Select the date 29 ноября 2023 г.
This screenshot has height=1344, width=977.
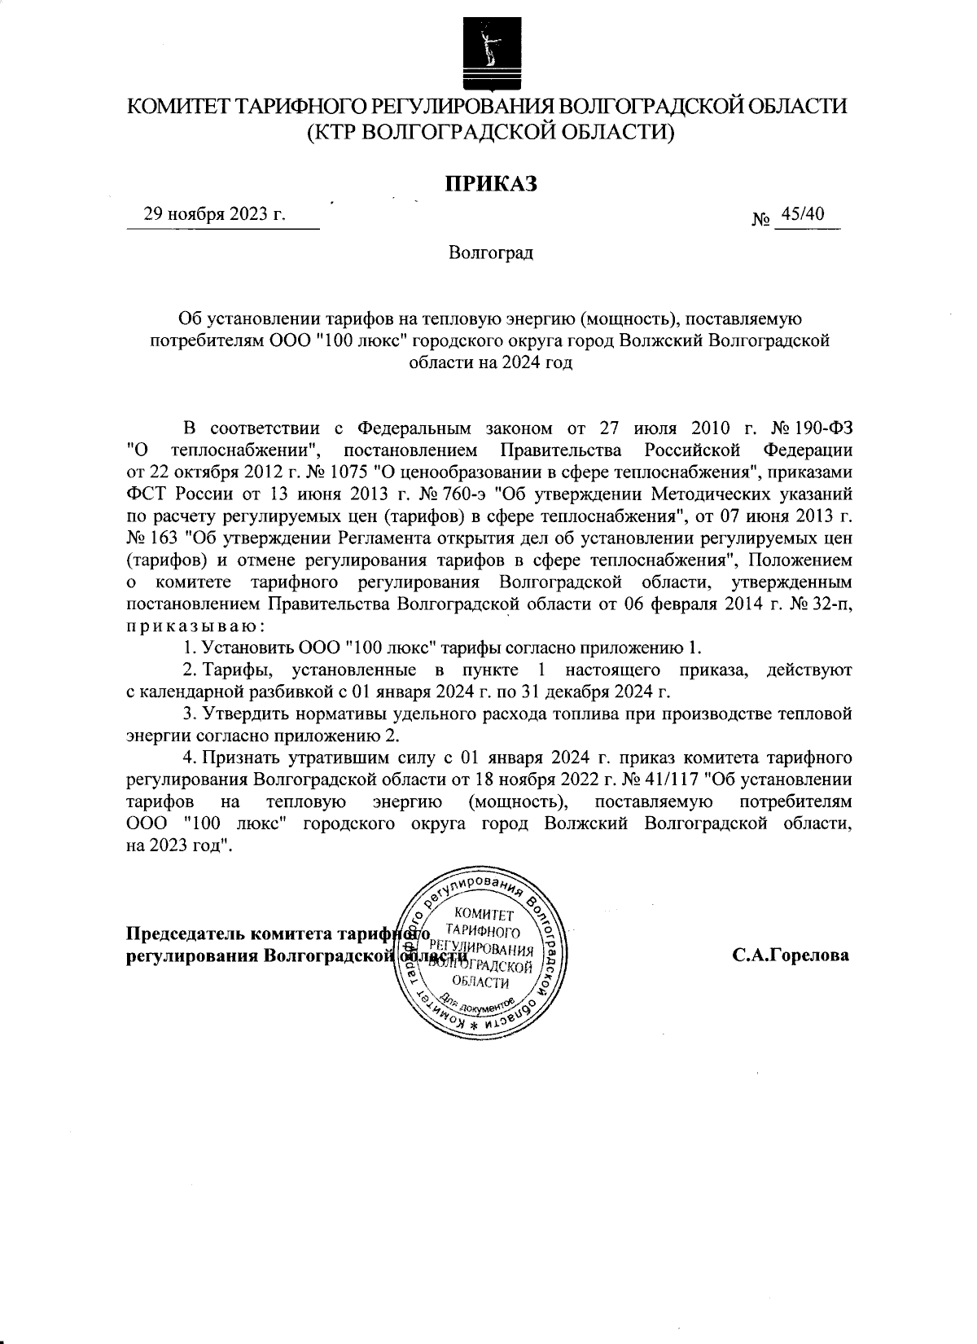pos(215,214)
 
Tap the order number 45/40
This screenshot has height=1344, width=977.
pos(803,213)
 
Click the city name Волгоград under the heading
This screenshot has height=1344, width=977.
pos(491,253)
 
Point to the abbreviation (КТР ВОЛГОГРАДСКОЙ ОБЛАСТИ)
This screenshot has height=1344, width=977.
pos(490,131)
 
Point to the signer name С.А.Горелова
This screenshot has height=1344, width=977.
pos(790,955)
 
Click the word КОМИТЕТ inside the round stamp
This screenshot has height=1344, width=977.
pos(485,914)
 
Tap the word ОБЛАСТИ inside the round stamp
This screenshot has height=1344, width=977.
pos(485,982)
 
